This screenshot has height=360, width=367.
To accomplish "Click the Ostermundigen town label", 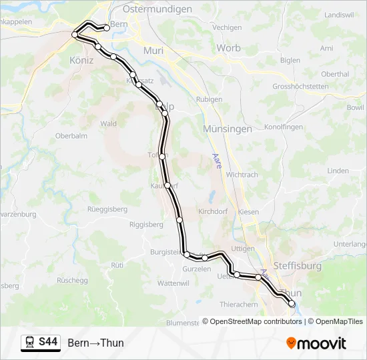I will click(157, 9).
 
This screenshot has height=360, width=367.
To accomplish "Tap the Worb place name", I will click(228, 48).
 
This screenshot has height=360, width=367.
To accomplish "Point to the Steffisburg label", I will click(297, 266).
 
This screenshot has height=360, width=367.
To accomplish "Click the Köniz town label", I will click(81, 60).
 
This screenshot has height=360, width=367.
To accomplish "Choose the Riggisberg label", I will click(146, 225).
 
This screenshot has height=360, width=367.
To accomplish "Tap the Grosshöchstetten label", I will click(300, 87).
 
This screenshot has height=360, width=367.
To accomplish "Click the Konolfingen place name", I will click(284, 127).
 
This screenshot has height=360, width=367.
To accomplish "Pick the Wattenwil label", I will click(173, 283).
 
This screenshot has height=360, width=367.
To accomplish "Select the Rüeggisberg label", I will click(107, 209).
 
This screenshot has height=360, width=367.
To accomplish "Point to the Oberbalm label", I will click(71, 136).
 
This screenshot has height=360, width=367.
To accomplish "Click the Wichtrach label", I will click(242, 175).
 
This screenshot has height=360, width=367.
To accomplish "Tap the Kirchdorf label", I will click(214, 211).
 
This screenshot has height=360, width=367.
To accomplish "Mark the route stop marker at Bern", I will click(106, 27).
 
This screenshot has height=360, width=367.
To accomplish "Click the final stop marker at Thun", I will click(292, 304).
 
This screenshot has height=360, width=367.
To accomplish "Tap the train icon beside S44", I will click(30, 343).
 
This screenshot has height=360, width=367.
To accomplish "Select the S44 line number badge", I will click(48, 343).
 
